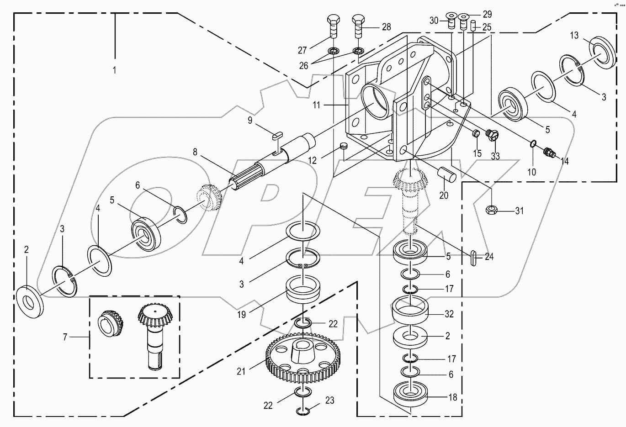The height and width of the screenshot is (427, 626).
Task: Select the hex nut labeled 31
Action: (491, 210)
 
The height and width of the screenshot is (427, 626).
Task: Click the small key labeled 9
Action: (277, 135)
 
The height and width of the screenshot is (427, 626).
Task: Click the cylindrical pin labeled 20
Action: (446, 175)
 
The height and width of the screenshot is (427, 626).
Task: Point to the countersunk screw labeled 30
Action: (451, 21)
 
